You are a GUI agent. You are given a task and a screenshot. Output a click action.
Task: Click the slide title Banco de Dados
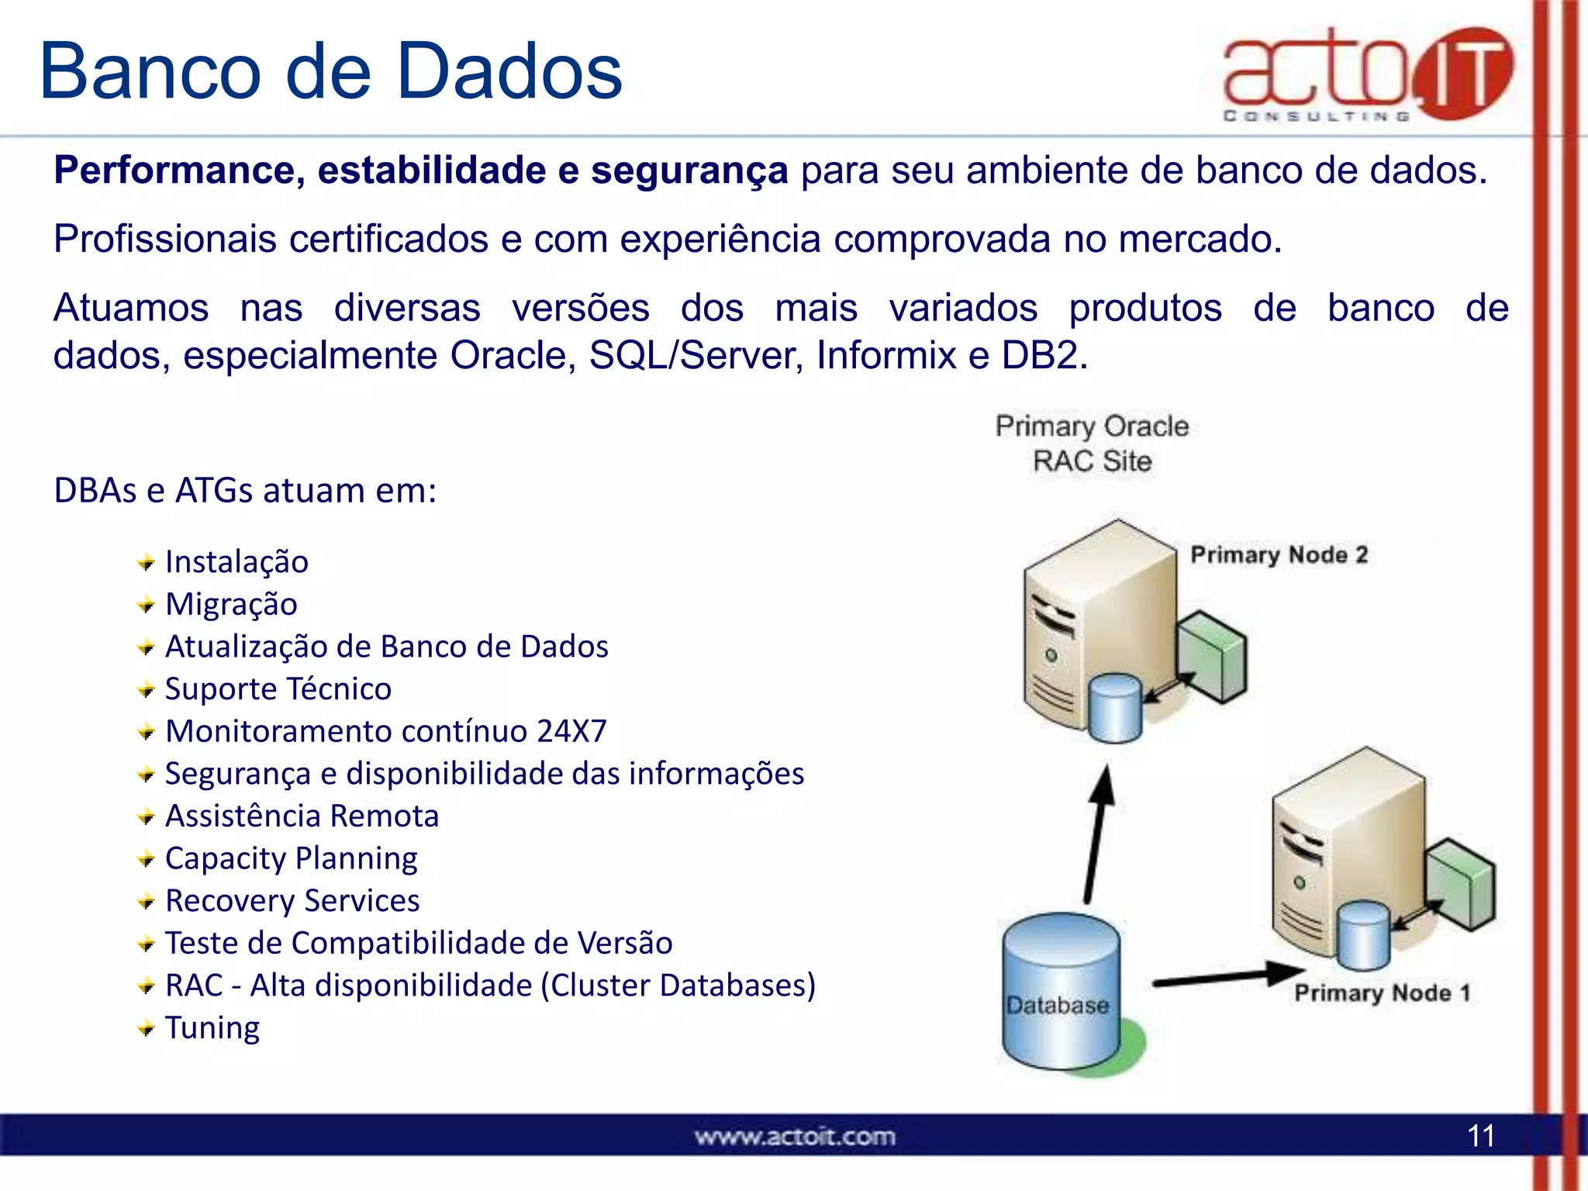[331, 71]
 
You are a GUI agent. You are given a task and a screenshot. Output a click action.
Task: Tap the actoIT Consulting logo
[1367, 74]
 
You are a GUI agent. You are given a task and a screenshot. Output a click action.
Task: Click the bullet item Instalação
[236, 562]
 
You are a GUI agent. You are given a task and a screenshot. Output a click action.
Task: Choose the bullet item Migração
[231, 605]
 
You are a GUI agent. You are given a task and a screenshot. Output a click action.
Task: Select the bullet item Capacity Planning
[292, 858]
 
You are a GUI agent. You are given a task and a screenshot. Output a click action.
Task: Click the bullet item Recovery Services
[292, 901]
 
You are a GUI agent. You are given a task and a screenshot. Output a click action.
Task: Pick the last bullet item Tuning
[212, 1028]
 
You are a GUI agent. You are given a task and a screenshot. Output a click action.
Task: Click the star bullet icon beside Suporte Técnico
[146, 689]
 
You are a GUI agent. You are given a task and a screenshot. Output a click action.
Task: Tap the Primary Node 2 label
[1279, 555]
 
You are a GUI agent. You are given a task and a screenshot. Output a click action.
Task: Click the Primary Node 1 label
[1383, 993]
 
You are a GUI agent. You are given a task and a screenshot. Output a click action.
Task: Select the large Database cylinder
[1060, 992]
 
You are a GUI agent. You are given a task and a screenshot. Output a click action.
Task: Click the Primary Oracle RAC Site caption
[1092, 444]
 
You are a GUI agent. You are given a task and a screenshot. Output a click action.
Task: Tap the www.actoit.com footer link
[795, 1137]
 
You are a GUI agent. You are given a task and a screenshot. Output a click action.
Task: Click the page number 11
[1481, 1136]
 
